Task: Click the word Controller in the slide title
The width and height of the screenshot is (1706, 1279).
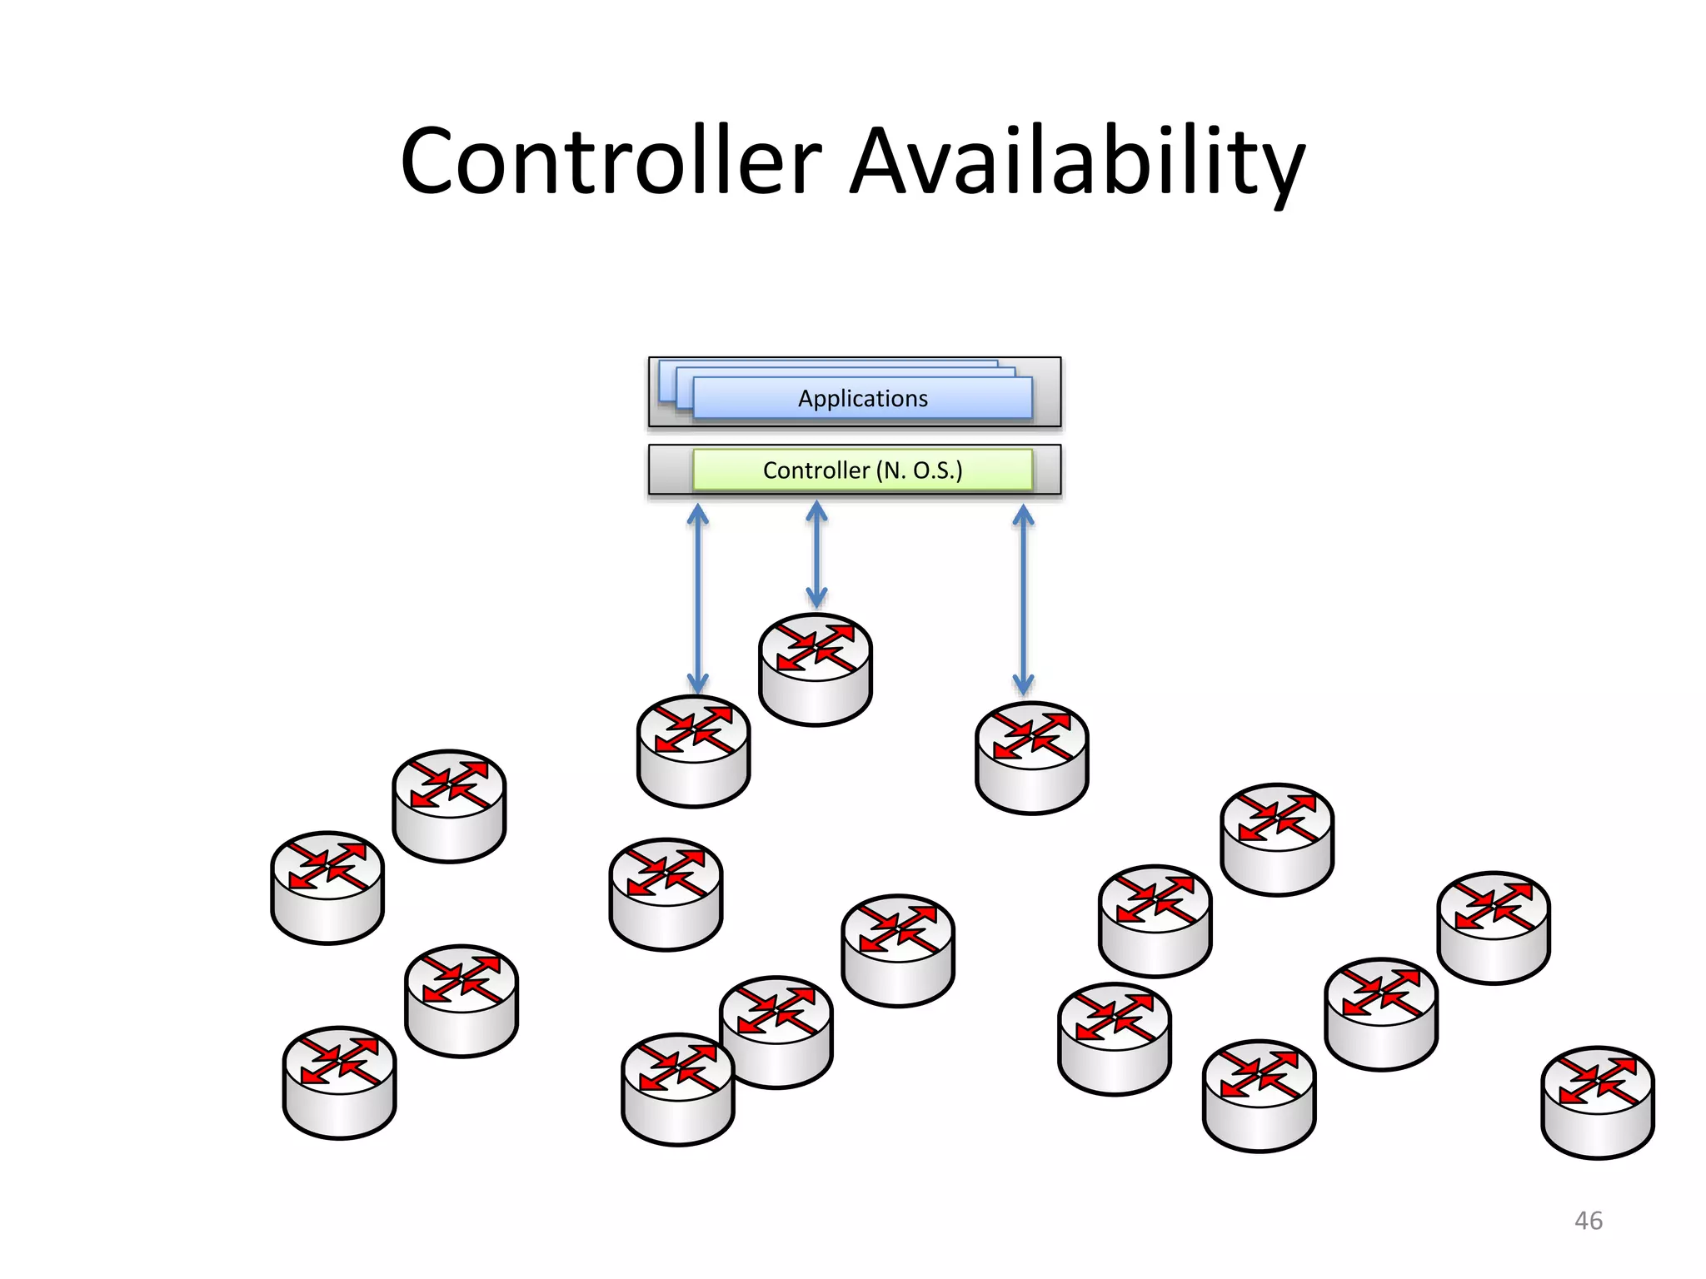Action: click(x=611, y=162)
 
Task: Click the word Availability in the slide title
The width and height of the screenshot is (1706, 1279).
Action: click(x=1076, y=162)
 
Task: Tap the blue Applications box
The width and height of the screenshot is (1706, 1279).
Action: click(x=862, y=398)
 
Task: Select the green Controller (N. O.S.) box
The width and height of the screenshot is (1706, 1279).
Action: click(x=862, y=470)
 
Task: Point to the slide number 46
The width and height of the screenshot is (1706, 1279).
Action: click(x=1588, y=1221)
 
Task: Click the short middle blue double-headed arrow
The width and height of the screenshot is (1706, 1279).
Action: click(x=816, y=554)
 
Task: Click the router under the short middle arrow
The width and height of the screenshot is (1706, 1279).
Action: click(x=816, y=669)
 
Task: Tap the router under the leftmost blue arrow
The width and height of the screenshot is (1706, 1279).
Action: click(x=694, y=750)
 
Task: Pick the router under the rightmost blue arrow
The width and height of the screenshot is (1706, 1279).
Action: click(x=1031, y=757)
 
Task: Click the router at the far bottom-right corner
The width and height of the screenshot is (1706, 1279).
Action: click(x=1598, y=1102)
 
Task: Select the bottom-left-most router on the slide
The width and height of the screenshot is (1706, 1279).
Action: click(x=339, y=1082)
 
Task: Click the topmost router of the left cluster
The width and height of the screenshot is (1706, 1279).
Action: click(x=449, y=805)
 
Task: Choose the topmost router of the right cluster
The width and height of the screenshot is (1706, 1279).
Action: click(x=1277, y=839)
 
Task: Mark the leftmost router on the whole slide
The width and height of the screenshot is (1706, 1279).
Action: click(x=327, y=887)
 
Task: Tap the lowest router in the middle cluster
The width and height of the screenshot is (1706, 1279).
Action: click(x=677, y=1089)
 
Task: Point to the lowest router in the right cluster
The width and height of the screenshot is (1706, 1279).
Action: click(x=1259, y=1095)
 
